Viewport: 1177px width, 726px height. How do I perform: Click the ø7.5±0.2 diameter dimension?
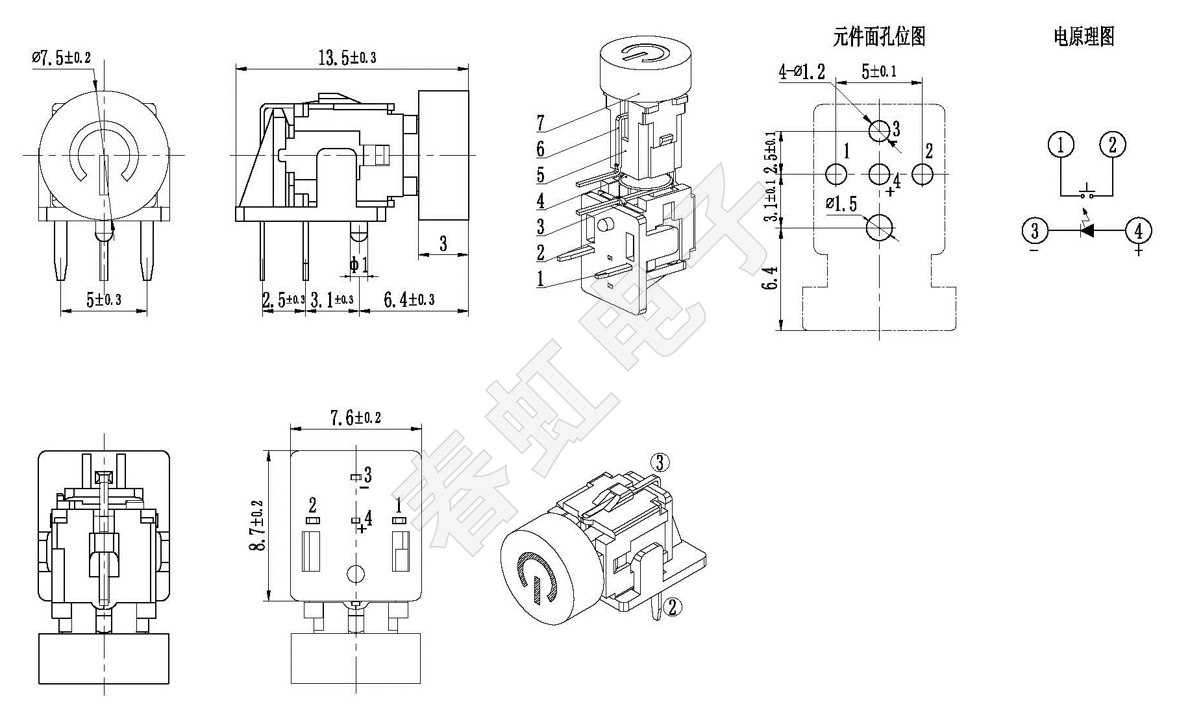pyautogui.click(x=62, y=58)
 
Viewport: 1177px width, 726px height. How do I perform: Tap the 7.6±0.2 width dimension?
pyautogui.click(x=355, y=418)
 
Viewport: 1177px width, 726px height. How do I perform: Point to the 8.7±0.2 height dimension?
pyautogui.click(x=258, y=526)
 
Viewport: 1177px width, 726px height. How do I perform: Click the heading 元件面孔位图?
pyautogui.click(x=879, y=37)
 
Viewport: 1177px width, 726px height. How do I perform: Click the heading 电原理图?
pyautogui.click(x=1084, y=37)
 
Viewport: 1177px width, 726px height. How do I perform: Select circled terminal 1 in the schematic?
pyautogui.click(x=1061, y=145)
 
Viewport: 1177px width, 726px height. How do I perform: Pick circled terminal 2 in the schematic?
pyautogui.click(x=1112, y=145)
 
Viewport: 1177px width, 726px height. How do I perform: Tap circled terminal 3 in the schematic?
pyautogui.click(x=1034, y=230)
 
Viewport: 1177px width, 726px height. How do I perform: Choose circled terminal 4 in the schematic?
pyautogui.click(x=1138, y=230)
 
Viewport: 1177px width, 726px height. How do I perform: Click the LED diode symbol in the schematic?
pyautogui.click(x=1086, y=230)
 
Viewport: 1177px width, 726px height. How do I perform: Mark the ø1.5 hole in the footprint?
pyautogui.click(x=880, y=227)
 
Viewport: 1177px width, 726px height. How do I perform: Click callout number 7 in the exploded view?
pyautogui.click(x=541, y=121)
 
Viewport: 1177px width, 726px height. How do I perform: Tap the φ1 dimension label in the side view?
pyautogui.click(x=358, y=264)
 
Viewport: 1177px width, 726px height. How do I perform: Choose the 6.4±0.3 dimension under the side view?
pyautogui.click(x=409, y=300)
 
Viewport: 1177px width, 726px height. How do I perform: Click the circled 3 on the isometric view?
pyautogui.click(x=660, y=463)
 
